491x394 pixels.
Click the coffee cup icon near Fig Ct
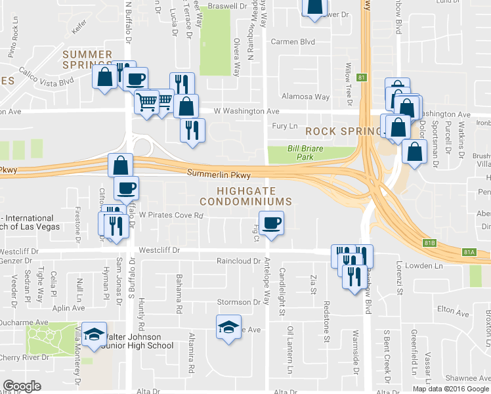272,223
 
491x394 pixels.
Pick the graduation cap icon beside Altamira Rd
228,326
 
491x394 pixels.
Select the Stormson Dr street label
238,302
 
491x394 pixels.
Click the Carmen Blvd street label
293,41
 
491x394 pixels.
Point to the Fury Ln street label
284,125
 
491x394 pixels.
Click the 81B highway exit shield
429,243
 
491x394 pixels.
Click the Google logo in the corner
22,385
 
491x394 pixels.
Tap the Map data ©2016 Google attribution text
450,389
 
